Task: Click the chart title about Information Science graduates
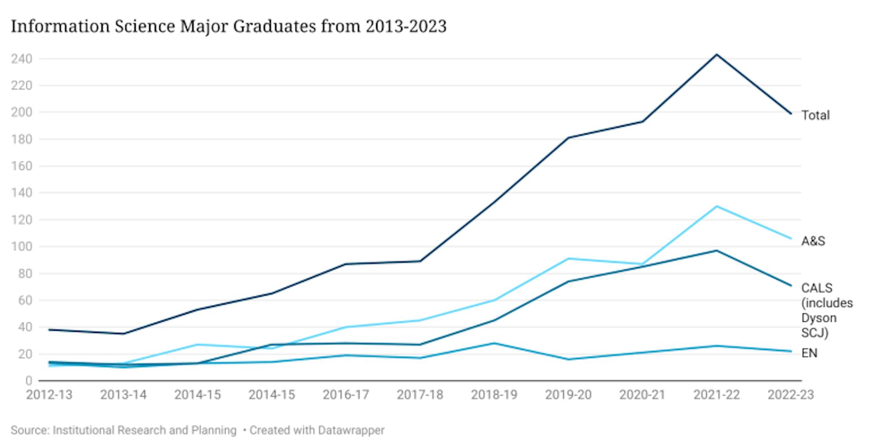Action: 228,26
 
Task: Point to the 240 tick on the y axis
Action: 21,59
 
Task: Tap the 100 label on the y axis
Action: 21,247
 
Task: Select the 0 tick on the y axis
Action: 28,381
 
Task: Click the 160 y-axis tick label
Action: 21,166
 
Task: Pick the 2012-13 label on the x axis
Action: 49,395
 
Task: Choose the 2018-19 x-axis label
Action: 494,395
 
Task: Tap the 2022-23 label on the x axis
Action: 791,395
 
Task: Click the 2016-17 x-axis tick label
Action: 346,395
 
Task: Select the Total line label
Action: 815,115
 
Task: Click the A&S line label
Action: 813,241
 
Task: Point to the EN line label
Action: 809,353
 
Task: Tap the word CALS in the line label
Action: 816,288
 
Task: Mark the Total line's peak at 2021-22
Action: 717,55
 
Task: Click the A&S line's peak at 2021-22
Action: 717,206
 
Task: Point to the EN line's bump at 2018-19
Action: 494,343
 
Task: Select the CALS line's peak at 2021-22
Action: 717,250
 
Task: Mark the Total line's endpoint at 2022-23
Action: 791,114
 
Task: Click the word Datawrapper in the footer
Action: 351,430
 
